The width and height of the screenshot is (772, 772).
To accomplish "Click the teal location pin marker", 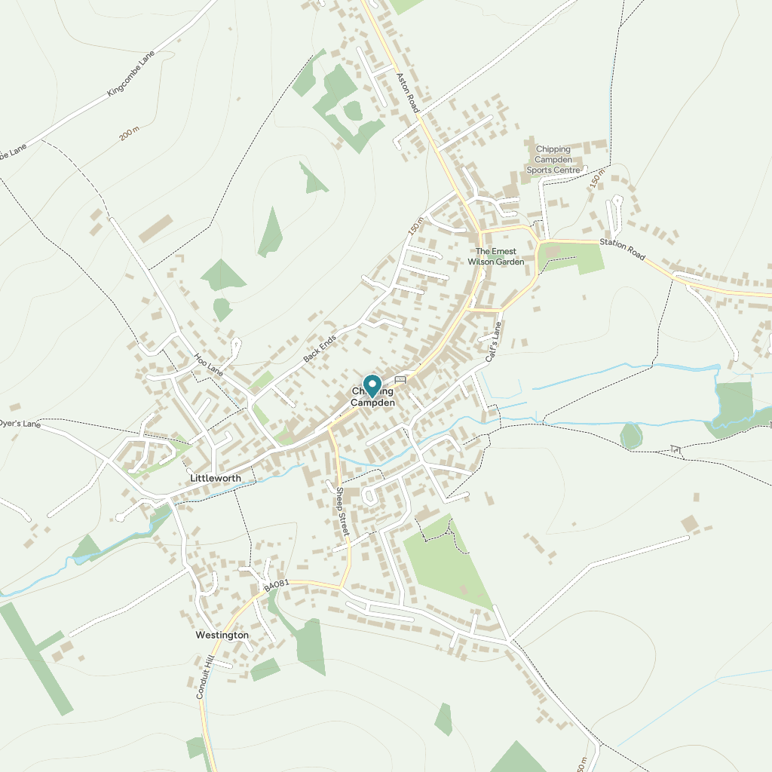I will (x=372, y=385).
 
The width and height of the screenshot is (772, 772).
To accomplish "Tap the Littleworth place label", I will (x=216, y=479).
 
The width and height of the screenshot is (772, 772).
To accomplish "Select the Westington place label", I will (x=222, y=635).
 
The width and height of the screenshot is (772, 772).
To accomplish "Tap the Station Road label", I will (x=623, y=250).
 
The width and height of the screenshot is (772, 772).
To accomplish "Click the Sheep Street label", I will (x=343, y=512).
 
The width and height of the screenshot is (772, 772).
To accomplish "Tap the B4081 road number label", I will (x=277, y=585).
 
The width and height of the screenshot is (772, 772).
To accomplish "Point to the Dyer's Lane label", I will (x=20, y=424).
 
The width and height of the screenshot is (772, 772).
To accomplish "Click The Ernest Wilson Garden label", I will (x=495, y=256).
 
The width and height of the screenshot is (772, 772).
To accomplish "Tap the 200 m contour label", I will (x=130, y=134).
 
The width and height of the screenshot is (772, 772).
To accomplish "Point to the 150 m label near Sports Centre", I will (x=598, y=182).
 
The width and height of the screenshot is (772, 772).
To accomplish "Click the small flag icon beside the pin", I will (x=400, y=380).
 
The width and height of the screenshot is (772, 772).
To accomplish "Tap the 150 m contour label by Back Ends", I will (x=416, y=225).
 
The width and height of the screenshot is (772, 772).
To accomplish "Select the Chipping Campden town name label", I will (x=372, y=398).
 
